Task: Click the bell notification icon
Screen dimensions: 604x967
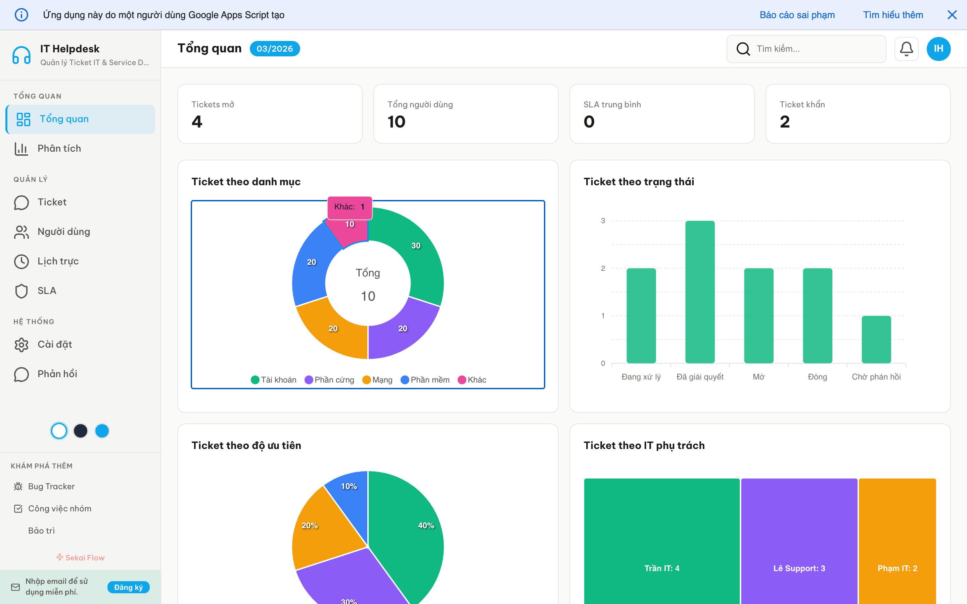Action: [906, 49]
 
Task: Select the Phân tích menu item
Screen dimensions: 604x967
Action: [59, 149]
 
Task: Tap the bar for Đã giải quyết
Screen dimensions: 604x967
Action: [700, 292]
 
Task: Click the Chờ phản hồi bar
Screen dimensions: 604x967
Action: [876, 339]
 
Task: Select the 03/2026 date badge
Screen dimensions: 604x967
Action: [275, 49]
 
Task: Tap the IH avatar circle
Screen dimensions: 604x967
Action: [938, 49]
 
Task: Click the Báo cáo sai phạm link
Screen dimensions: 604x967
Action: [797, 15]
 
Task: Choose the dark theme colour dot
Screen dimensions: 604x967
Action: [80, 431]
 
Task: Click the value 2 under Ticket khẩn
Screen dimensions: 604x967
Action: [784, 122]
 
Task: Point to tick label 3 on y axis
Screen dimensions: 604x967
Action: [603, 220]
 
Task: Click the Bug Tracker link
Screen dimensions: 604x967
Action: [51, 487]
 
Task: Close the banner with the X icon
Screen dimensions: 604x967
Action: [952, 15]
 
